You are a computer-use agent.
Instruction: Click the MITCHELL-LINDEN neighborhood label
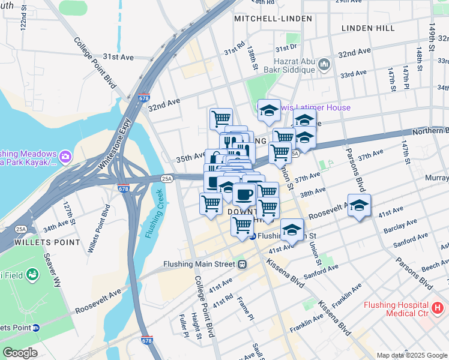tap(273, 19)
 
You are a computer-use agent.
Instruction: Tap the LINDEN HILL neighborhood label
tap(368, 28)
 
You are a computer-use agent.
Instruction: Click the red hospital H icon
tap(438, 308)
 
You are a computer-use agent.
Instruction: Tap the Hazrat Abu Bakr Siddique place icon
tap(324, 63)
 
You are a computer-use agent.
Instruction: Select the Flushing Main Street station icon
tap(243, 263)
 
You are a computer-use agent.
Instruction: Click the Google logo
tap(20, 353)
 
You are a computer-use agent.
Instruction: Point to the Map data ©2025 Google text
tap(412, 355)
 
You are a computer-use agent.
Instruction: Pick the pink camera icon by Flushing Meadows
tap(65, 158)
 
